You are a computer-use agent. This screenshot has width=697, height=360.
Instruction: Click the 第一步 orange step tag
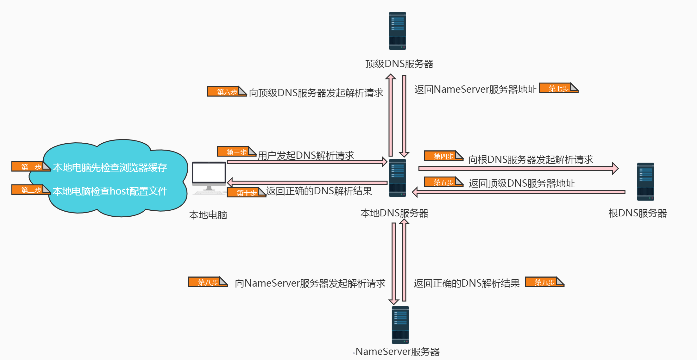(31, 166)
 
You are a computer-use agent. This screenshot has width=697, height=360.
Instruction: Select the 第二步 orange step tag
(31, 190)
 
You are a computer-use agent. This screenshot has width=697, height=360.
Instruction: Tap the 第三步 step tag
(236, 152)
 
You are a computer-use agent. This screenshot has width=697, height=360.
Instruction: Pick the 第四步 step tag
(443, 156)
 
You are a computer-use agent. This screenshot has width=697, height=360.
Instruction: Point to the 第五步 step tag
(443, 182)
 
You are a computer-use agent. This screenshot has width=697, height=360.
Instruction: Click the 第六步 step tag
(227, 91)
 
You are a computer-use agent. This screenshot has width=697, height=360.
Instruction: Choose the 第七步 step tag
(559, 88)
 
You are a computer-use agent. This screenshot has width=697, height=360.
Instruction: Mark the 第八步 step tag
(208, 282)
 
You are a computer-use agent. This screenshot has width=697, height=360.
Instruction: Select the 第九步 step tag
(544, 282)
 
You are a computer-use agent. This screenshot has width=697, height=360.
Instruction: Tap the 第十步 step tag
(246, 192)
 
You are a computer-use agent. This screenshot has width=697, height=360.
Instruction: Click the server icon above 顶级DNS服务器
(397, 31)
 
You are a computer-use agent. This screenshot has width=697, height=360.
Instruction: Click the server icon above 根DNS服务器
(645, 182)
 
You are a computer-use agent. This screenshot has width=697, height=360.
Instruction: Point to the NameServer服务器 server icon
(400, 325)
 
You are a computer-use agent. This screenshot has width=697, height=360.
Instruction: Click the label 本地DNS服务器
(394, 213)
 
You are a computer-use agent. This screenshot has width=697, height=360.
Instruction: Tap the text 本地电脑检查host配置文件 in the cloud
(110, 191)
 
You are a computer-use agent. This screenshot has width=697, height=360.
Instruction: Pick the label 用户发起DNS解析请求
(306, 155)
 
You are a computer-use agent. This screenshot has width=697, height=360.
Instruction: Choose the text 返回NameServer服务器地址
(475, 90)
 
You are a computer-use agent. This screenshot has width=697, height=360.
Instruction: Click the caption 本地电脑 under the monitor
(208, 215)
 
